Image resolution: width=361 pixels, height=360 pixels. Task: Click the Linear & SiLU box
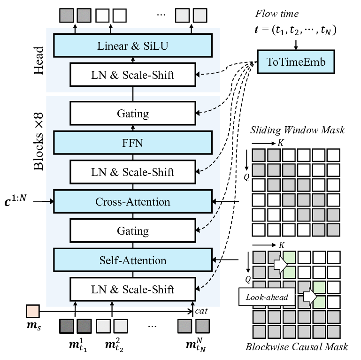coord(133,46)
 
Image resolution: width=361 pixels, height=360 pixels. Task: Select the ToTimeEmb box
coord(296,62)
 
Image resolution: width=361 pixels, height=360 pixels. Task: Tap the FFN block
coord(133,143)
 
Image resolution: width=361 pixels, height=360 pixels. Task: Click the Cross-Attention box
coord(133,202)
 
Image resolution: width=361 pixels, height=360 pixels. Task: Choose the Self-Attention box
coord(133,260)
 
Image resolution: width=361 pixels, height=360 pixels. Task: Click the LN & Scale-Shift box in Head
coord(133,75)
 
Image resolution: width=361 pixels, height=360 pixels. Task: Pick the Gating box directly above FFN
coord(133,114)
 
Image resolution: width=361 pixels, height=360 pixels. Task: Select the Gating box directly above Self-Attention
coord(133,231)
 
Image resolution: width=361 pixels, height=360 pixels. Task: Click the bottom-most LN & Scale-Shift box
coord(133,289)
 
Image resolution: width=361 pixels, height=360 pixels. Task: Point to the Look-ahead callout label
coord(264,297)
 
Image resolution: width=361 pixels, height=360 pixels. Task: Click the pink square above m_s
coord(33,311)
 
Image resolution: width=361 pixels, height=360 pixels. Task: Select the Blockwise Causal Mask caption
coord(297,347)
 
